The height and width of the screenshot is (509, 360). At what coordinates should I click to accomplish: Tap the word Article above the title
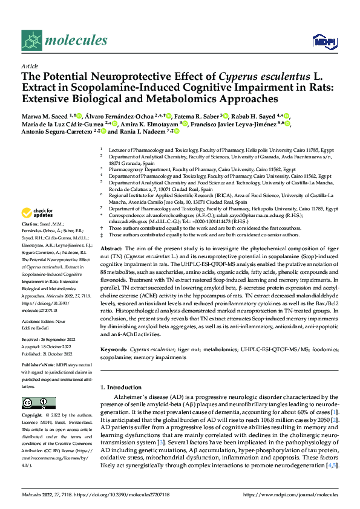pos(29,66)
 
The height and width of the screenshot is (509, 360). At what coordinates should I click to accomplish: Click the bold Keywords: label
pos(114,349)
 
